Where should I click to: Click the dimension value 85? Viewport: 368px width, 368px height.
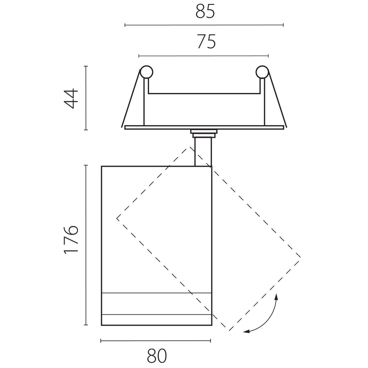(x=205, y=12)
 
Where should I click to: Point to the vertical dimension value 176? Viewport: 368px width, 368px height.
(x=71, y=240)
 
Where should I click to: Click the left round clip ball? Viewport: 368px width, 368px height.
(x=146, y=72)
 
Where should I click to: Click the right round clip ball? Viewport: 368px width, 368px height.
(x=262, y=72)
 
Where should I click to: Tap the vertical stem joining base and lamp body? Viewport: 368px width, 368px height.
(x=203, y=152)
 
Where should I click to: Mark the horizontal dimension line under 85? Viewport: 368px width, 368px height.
(x=204, y=25)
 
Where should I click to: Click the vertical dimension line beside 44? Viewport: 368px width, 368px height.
(x=86, y=98)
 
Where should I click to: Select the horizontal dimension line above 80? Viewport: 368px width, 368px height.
(x=155, y=340)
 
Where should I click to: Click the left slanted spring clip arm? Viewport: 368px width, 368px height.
(x=131, y=98)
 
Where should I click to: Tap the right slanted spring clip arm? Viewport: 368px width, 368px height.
(x=278, y=98)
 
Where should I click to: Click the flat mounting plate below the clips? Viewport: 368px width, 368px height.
(x=204, y=127)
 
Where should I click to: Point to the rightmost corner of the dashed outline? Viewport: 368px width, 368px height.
(x=300, y=257)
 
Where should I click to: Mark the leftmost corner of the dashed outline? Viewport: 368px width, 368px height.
(x=117, y=218)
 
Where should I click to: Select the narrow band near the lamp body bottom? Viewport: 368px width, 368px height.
(x=156, y=304)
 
